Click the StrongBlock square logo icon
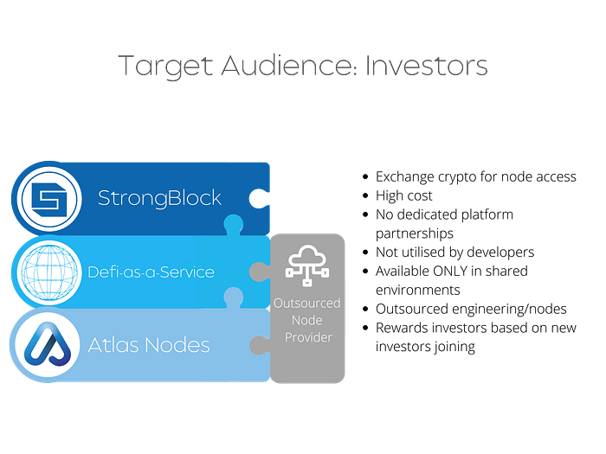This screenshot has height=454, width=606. (49, 200)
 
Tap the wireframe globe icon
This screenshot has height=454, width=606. (49, 272)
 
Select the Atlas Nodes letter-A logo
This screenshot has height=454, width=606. (47, 345)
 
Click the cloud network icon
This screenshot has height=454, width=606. (307, 265)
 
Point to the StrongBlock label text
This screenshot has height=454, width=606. (159, 198)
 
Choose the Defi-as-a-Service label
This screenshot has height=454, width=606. (151, 272)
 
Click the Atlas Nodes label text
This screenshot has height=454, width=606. (149, 345)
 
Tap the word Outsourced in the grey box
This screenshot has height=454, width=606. (306, 304)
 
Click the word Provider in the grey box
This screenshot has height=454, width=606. (308, 337)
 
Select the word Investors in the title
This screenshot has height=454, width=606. (426, 66)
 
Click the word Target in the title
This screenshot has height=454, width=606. (165, 67)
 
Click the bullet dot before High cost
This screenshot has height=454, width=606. (365, 195)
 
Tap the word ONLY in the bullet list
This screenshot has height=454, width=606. (450, 271)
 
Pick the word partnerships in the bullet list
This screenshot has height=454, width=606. (415, 234)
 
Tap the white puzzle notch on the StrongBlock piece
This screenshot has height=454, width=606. (259, 198)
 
